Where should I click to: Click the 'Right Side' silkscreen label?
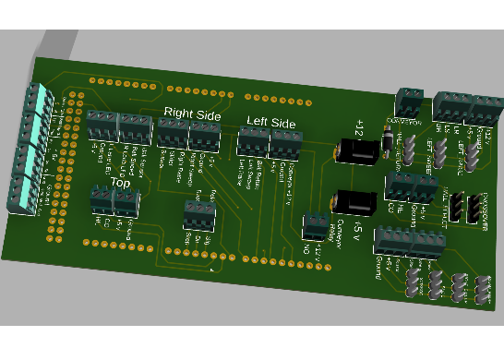tap(192, 113)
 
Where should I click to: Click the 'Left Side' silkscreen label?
tap(270, 122)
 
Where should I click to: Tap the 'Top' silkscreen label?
tap(121, 182)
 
